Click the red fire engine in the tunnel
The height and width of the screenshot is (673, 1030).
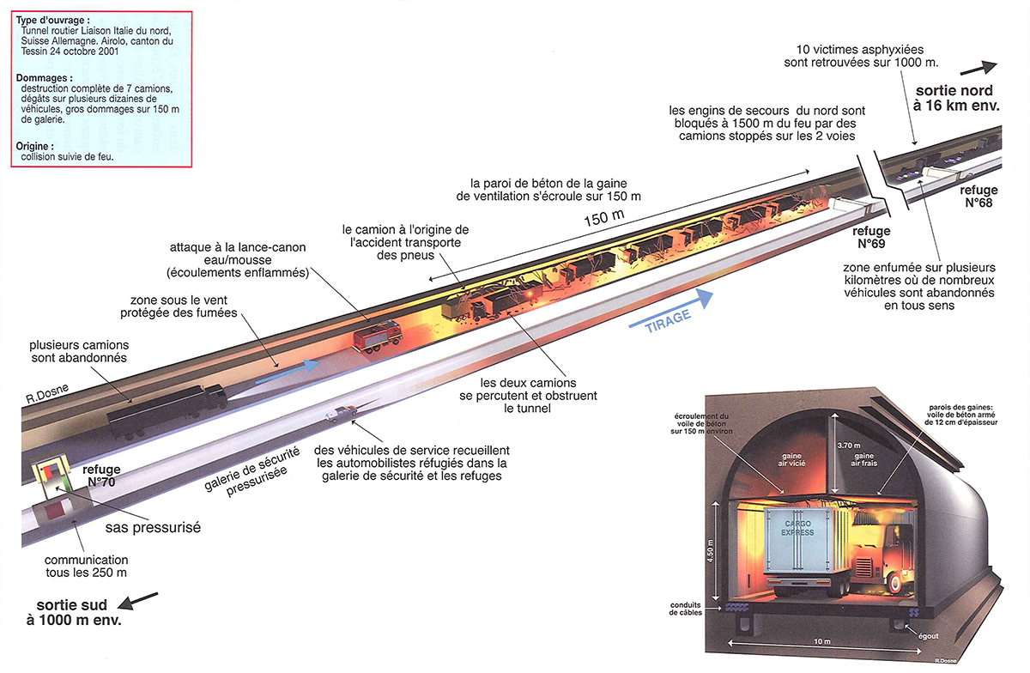pyautogui.click(x=378, y=336)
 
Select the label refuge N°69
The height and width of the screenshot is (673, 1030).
pyautogui.click(x=871, y=238)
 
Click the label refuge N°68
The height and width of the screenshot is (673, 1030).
pyautogui.click(x=978, y=197)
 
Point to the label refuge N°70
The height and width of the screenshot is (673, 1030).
pyautogui.click(x=101, y=476)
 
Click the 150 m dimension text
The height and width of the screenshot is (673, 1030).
pyautogui.click(x=603, y=217)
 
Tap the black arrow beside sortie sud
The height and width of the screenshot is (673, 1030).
pyautogui.click(x=138, y=601)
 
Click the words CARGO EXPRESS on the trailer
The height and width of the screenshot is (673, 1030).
pyautogui.click(x=797, y=528)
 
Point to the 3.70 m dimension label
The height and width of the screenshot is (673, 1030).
pyautogui.click(x=848, y=446)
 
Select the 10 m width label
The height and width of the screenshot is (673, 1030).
pyautogui.click(x=821, y=642)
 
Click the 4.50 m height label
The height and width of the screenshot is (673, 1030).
pyautogui.click(x=710, y=550)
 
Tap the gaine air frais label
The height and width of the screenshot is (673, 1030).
pyautogui.click(x=863, y=459)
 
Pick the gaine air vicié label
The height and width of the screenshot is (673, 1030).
pyautogui.click(x=791, y=459)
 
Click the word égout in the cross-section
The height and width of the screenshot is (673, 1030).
pyautogui.click(x=928, y=636)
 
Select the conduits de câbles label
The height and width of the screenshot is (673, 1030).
pyautogui.click(x=685, y=609)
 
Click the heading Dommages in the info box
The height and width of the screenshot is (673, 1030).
pyautogui.click(x=44, y=78)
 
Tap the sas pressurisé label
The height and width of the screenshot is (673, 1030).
pyautogui.click(x=153, y=527)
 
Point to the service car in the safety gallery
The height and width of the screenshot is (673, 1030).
pyautogui.click(x=341, y=413)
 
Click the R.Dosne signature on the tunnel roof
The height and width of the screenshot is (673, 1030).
pyautogui.click(x=47, y=394)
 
